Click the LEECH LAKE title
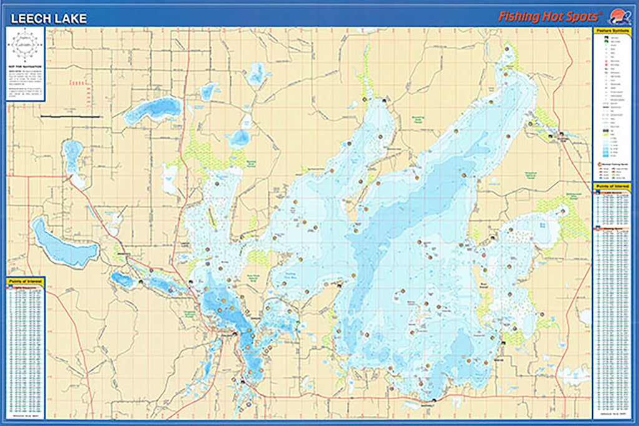coord(49,19)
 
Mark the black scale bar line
coord(70,117)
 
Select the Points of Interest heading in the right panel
coord(611,186)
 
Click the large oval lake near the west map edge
coord(64,244)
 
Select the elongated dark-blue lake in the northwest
coord(153,110)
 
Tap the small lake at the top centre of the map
coord(256,75)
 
